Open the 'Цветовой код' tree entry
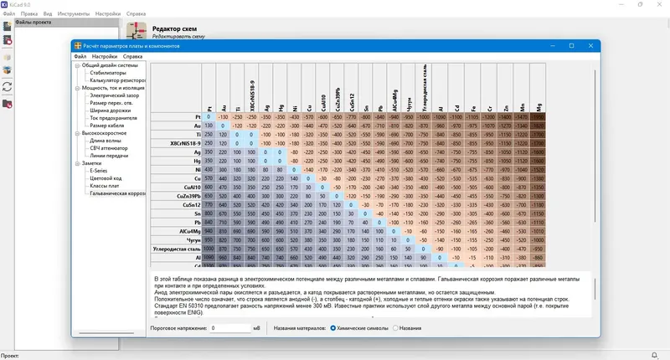[105, 177]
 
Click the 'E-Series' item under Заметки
[99, 170]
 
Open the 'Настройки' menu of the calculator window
[105, 56]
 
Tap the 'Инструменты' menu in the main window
[75, 14]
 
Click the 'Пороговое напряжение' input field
[230, 327]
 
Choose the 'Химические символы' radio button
[333, 327]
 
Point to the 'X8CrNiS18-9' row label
[176, 144]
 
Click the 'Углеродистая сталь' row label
[176, 249]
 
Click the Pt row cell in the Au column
[224, 118]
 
